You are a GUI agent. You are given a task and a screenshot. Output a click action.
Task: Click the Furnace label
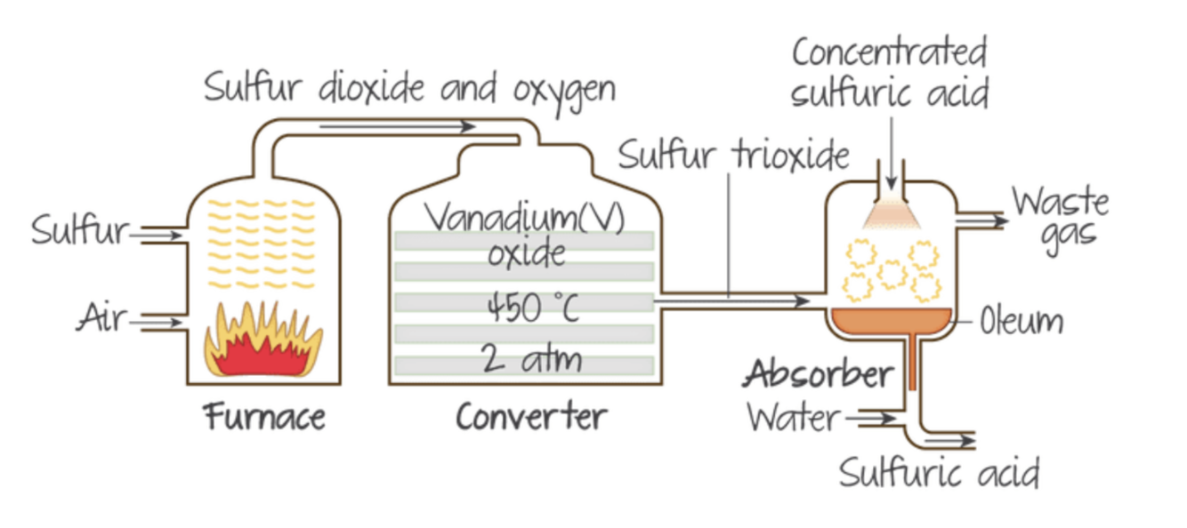pyautogui.click(x=265, y=416)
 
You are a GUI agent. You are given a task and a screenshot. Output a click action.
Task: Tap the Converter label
pyautogui.click(x=531, y=416)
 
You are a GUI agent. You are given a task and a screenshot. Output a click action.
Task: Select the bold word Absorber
pyautogui.click(x=818, y=374)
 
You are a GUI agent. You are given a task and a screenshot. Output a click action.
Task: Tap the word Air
pyautogui.click(x=101, y=317)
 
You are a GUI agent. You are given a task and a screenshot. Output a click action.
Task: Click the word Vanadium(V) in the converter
pyautogui.click(x=525, y=219)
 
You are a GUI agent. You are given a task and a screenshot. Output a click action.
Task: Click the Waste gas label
pyautogui.click(x=1060, y=218)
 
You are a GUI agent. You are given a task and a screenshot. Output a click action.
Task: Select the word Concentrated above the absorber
pyautogui.click(x=889, y=52)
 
